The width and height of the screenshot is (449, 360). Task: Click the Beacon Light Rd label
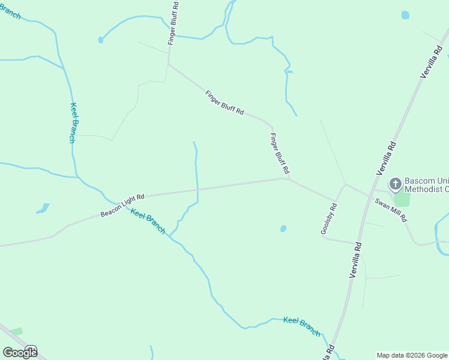pyautogui.click(x=123, y=205)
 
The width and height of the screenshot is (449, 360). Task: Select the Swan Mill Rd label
pyautogui.click(x=391, y=209)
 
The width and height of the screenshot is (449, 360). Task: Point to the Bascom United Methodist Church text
pyautogui.click(x=426, y=185)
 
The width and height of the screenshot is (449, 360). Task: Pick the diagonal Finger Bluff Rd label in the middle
pyautogui.click(x=224, y=103)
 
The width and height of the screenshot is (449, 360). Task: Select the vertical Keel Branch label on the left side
pyautogui.click(x=73, y=123)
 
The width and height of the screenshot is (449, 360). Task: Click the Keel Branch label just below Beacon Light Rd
pyautogui.click(x=148, y=221)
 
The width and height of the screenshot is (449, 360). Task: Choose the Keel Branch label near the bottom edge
pyautogui.click(x=302, y=326)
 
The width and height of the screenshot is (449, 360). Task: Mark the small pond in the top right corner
pyautogui.click(x=405, y=15)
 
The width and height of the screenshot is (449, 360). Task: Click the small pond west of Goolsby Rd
pyautogui.click(x=283, y=229)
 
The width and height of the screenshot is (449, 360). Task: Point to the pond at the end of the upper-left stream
pyautogui.click(x=100, y=40)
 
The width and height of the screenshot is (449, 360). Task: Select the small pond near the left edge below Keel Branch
pyautogui.click(x=42, y=209)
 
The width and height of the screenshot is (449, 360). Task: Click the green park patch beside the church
pyautogui.click(x=402, y=199)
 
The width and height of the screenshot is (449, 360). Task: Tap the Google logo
pyautogui.click(x=19, y=352)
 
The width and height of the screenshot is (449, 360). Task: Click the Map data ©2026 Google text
pyautogui.click(x=412, y=355)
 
